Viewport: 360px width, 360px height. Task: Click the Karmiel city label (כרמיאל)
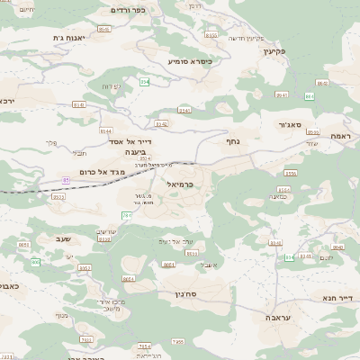point(179,184)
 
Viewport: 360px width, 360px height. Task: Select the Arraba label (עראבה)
point(278,318)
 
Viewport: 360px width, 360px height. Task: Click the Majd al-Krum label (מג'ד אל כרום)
point(100,171)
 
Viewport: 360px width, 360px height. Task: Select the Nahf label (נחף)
point(231,140)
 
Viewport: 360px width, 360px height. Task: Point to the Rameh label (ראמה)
point(340,135)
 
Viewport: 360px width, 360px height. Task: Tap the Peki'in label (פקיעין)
point(274,51)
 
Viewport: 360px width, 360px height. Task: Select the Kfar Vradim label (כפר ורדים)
point(127,9)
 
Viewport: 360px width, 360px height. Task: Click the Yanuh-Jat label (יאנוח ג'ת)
point(67,38)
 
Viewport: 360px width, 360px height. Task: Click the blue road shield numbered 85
point(66,180)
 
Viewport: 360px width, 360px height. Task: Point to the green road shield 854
point(144,81)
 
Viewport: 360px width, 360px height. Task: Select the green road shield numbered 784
point(127,216)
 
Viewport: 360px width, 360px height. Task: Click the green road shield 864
point(310,95)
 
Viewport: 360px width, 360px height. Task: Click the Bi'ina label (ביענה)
point(136,152)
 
